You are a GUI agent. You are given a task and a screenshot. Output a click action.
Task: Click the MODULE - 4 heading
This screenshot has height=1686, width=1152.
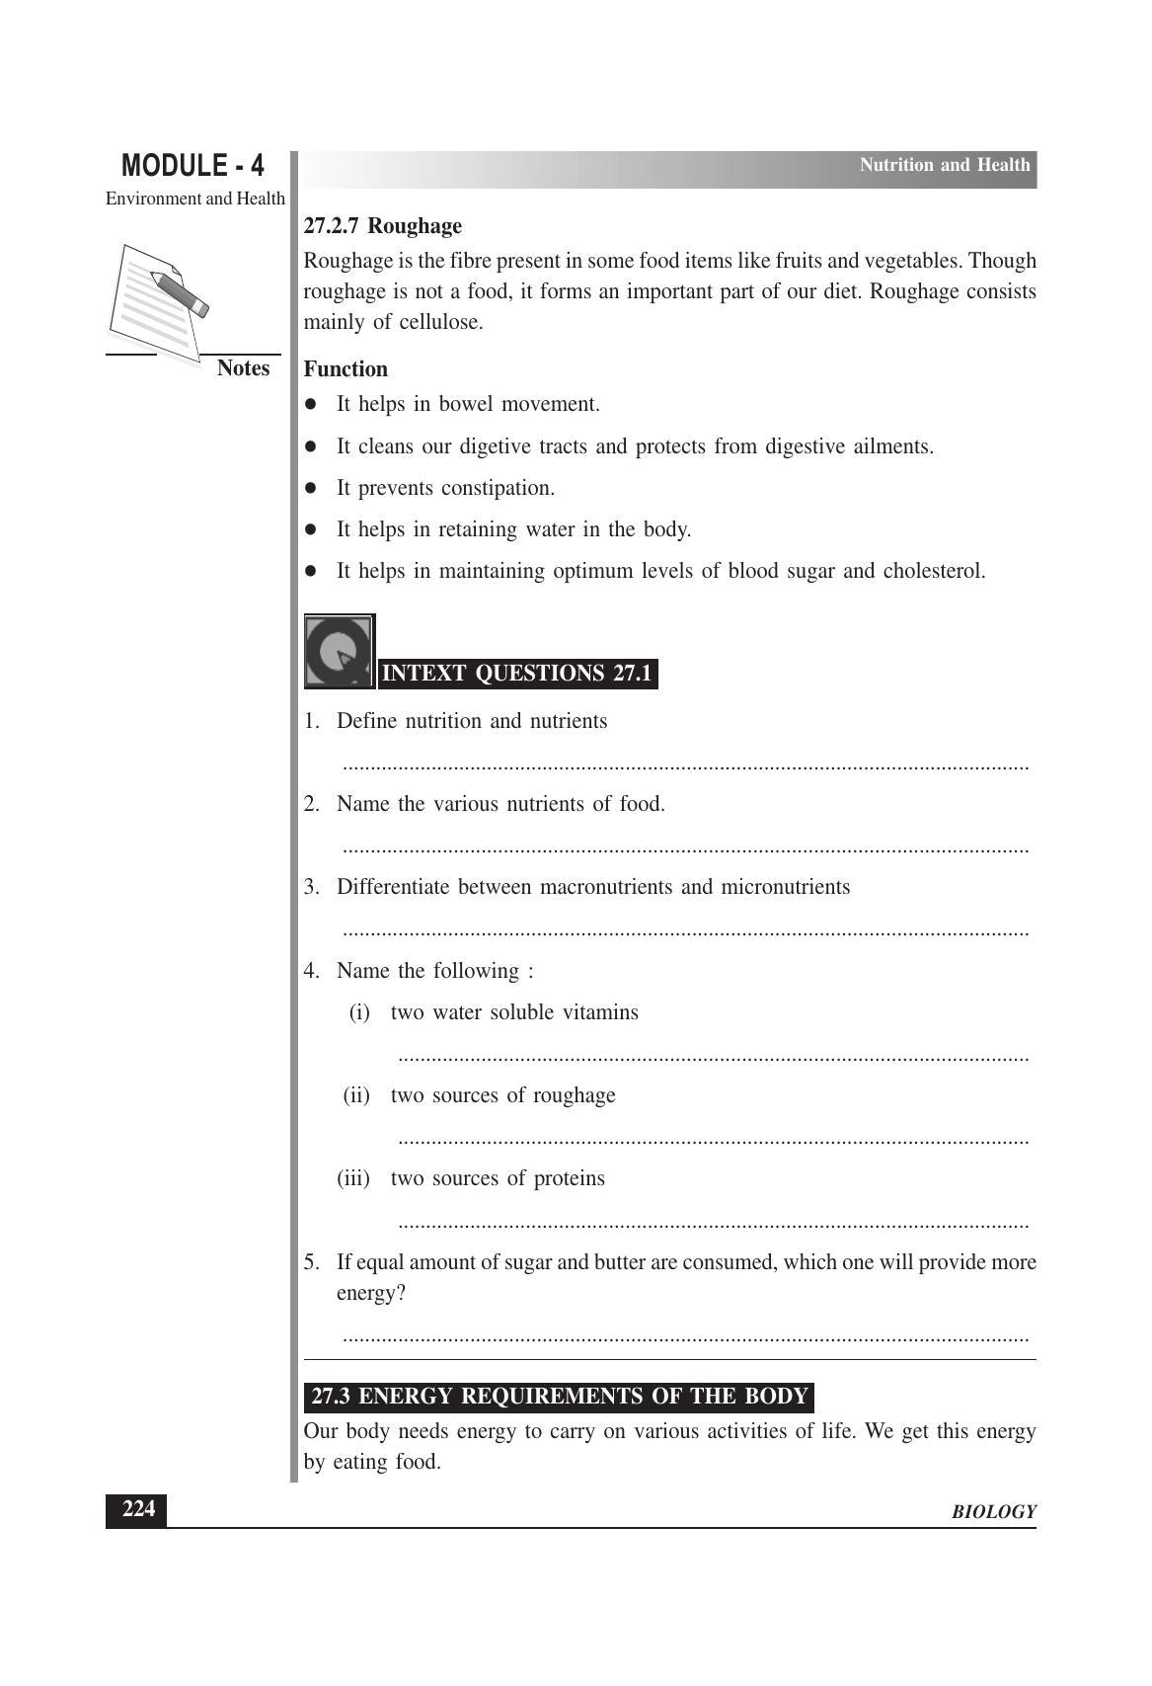pyautogui.click(x=192, y=165)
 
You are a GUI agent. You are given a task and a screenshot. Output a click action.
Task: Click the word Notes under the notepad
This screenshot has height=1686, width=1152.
pyautogui.click(x=243, y=368)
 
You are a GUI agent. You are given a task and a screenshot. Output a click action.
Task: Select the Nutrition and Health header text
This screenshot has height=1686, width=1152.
pyautogui.click(x=944, y=165)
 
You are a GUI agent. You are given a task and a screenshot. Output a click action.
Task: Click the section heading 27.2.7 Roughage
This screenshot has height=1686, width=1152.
pyautogui.click(x=382, y=226)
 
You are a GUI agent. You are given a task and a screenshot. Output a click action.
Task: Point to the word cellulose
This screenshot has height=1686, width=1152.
pyautogui.click(x=440, y=322)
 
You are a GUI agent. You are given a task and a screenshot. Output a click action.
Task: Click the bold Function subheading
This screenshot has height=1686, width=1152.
pyautogui.click(x=346, y=369)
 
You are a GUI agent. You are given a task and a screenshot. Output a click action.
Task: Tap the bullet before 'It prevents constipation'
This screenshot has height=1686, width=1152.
pyautogui.click(x=311, y=488)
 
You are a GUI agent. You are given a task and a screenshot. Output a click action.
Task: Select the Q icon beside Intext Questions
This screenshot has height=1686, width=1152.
pyautogui.click(x=339, y=651)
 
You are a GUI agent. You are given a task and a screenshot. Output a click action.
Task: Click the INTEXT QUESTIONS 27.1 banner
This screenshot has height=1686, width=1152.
pyautogui.click(x=516, y=674)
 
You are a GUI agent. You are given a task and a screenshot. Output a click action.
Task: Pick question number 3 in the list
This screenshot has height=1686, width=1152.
pyautogui.click(x=311, y=887)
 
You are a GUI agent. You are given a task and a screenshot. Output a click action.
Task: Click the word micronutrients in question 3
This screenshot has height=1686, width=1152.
pyautogui.click(x=785, y=887)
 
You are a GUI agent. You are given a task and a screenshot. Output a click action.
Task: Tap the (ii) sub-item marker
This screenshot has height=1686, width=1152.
pyautogui.click(x=355, y=1095)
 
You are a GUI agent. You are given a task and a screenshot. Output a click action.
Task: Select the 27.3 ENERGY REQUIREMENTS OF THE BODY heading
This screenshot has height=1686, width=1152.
pyautogui.click(x=559, y=1397)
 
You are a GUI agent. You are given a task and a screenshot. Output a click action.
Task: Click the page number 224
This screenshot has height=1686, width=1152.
pyautogui.click(x=137, y=1509)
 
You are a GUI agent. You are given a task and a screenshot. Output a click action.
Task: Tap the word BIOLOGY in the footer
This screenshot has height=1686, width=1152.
pyautogui.click(x=993, y=1512)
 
